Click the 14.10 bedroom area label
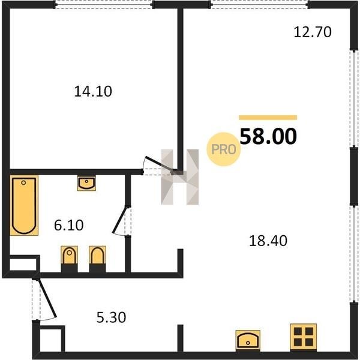[x=93, y=91]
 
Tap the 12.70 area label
[x=313, y=32]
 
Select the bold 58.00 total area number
[x=268, y=136]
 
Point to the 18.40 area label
[x=268, y=241]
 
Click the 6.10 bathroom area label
[x=68, y=225]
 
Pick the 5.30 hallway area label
[x=111, y=317]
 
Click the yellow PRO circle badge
[x=223, y=149]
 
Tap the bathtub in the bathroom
[x=24, y=205]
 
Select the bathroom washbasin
[x=86, y=184]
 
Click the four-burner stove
[x=303, y=337]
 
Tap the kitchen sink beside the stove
[x=248, y=340]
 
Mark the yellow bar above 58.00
[x=268, y=118]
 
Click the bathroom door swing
[x=121, y=221]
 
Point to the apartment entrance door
[x=47, y=298]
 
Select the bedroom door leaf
[x=160, y=164]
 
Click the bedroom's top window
[x=104, y=5]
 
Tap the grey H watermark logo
[x=180, y=177]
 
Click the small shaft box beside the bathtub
[x=23, y=264]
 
